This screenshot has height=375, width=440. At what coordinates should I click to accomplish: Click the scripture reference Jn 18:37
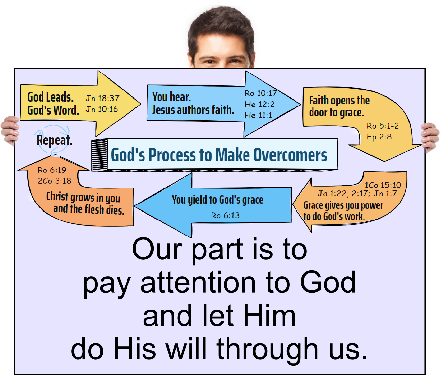[x=103, y=98]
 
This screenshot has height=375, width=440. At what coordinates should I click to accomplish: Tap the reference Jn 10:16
[x=102, y=109]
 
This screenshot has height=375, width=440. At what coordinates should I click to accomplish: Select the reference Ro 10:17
[x=261, y=93]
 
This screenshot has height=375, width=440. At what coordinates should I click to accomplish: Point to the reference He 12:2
[x=260, y=104]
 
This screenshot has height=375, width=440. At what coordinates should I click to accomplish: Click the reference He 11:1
[x=258, y=115]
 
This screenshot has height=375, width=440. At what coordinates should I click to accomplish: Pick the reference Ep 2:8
[x=379, y=137]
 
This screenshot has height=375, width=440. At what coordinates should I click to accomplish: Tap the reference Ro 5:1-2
[x=383, y=126]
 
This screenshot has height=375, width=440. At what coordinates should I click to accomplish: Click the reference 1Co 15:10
[x=383, y=185]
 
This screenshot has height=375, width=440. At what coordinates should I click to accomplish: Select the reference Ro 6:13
[x=225, y=215]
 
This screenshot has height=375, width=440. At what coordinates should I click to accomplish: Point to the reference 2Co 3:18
[x=54, y=181]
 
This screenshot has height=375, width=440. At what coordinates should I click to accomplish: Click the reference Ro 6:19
[x=52, y=170]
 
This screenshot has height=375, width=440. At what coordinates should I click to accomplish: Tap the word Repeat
[x=54, y=140]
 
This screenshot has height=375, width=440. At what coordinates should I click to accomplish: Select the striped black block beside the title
[x=99, y=155]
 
